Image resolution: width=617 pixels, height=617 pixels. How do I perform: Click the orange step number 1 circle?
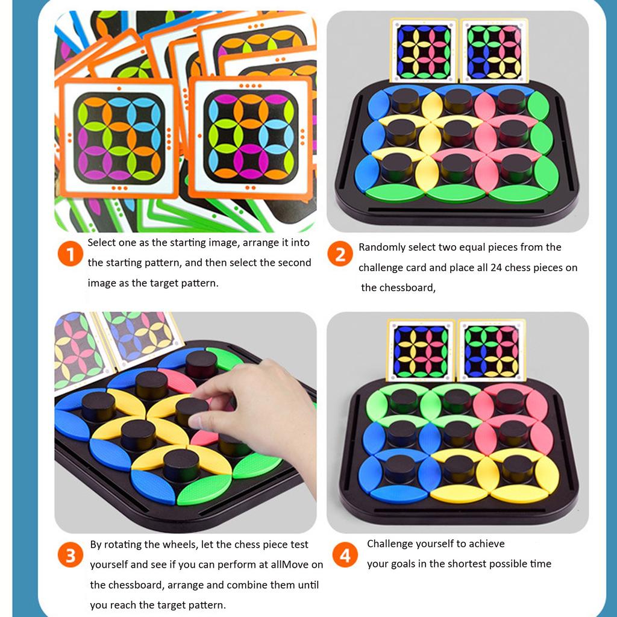70,255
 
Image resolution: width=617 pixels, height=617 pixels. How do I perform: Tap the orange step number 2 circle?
340,255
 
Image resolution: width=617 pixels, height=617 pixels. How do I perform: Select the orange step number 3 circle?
70,556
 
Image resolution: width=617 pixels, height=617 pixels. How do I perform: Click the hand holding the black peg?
265,410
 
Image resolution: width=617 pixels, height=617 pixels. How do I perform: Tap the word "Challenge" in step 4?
392,543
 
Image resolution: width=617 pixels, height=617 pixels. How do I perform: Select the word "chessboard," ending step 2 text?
398,287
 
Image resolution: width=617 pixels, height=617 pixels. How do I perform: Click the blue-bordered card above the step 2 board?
424,51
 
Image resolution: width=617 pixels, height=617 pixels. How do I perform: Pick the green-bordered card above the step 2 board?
494,51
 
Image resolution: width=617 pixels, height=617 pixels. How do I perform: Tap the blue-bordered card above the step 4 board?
420,351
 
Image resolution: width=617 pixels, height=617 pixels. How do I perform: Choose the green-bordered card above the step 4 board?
492,351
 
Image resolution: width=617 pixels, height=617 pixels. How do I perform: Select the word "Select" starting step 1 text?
103,243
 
